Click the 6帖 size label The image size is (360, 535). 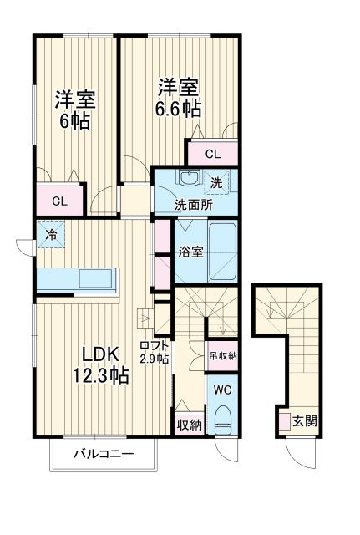[74, 120]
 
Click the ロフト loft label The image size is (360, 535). [155, 345]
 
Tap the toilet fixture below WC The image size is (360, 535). [222, 419]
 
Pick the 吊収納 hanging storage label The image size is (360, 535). [221, 354]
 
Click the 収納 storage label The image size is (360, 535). [190, 425]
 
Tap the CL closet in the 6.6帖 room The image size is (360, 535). [212, 154]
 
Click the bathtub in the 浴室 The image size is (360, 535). [222, 254]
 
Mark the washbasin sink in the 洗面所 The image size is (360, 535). [189, 179]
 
